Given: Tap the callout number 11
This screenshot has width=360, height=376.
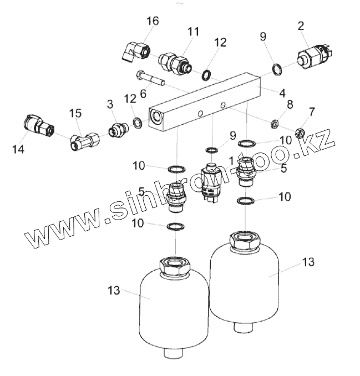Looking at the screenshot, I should click(192, 32).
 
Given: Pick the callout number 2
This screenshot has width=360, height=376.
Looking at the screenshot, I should click(301, 25).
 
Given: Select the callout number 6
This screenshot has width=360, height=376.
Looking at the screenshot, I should click(143, 94).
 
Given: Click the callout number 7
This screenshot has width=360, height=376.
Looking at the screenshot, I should click(311, 112).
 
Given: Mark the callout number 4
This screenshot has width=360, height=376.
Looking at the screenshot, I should click(282, 93).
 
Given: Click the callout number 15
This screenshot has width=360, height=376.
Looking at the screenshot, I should click(75, 113).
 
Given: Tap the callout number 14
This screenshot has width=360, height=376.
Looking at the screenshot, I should click(18, 148).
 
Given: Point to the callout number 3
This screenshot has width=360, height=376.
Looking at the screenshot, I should click(110, 104).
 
